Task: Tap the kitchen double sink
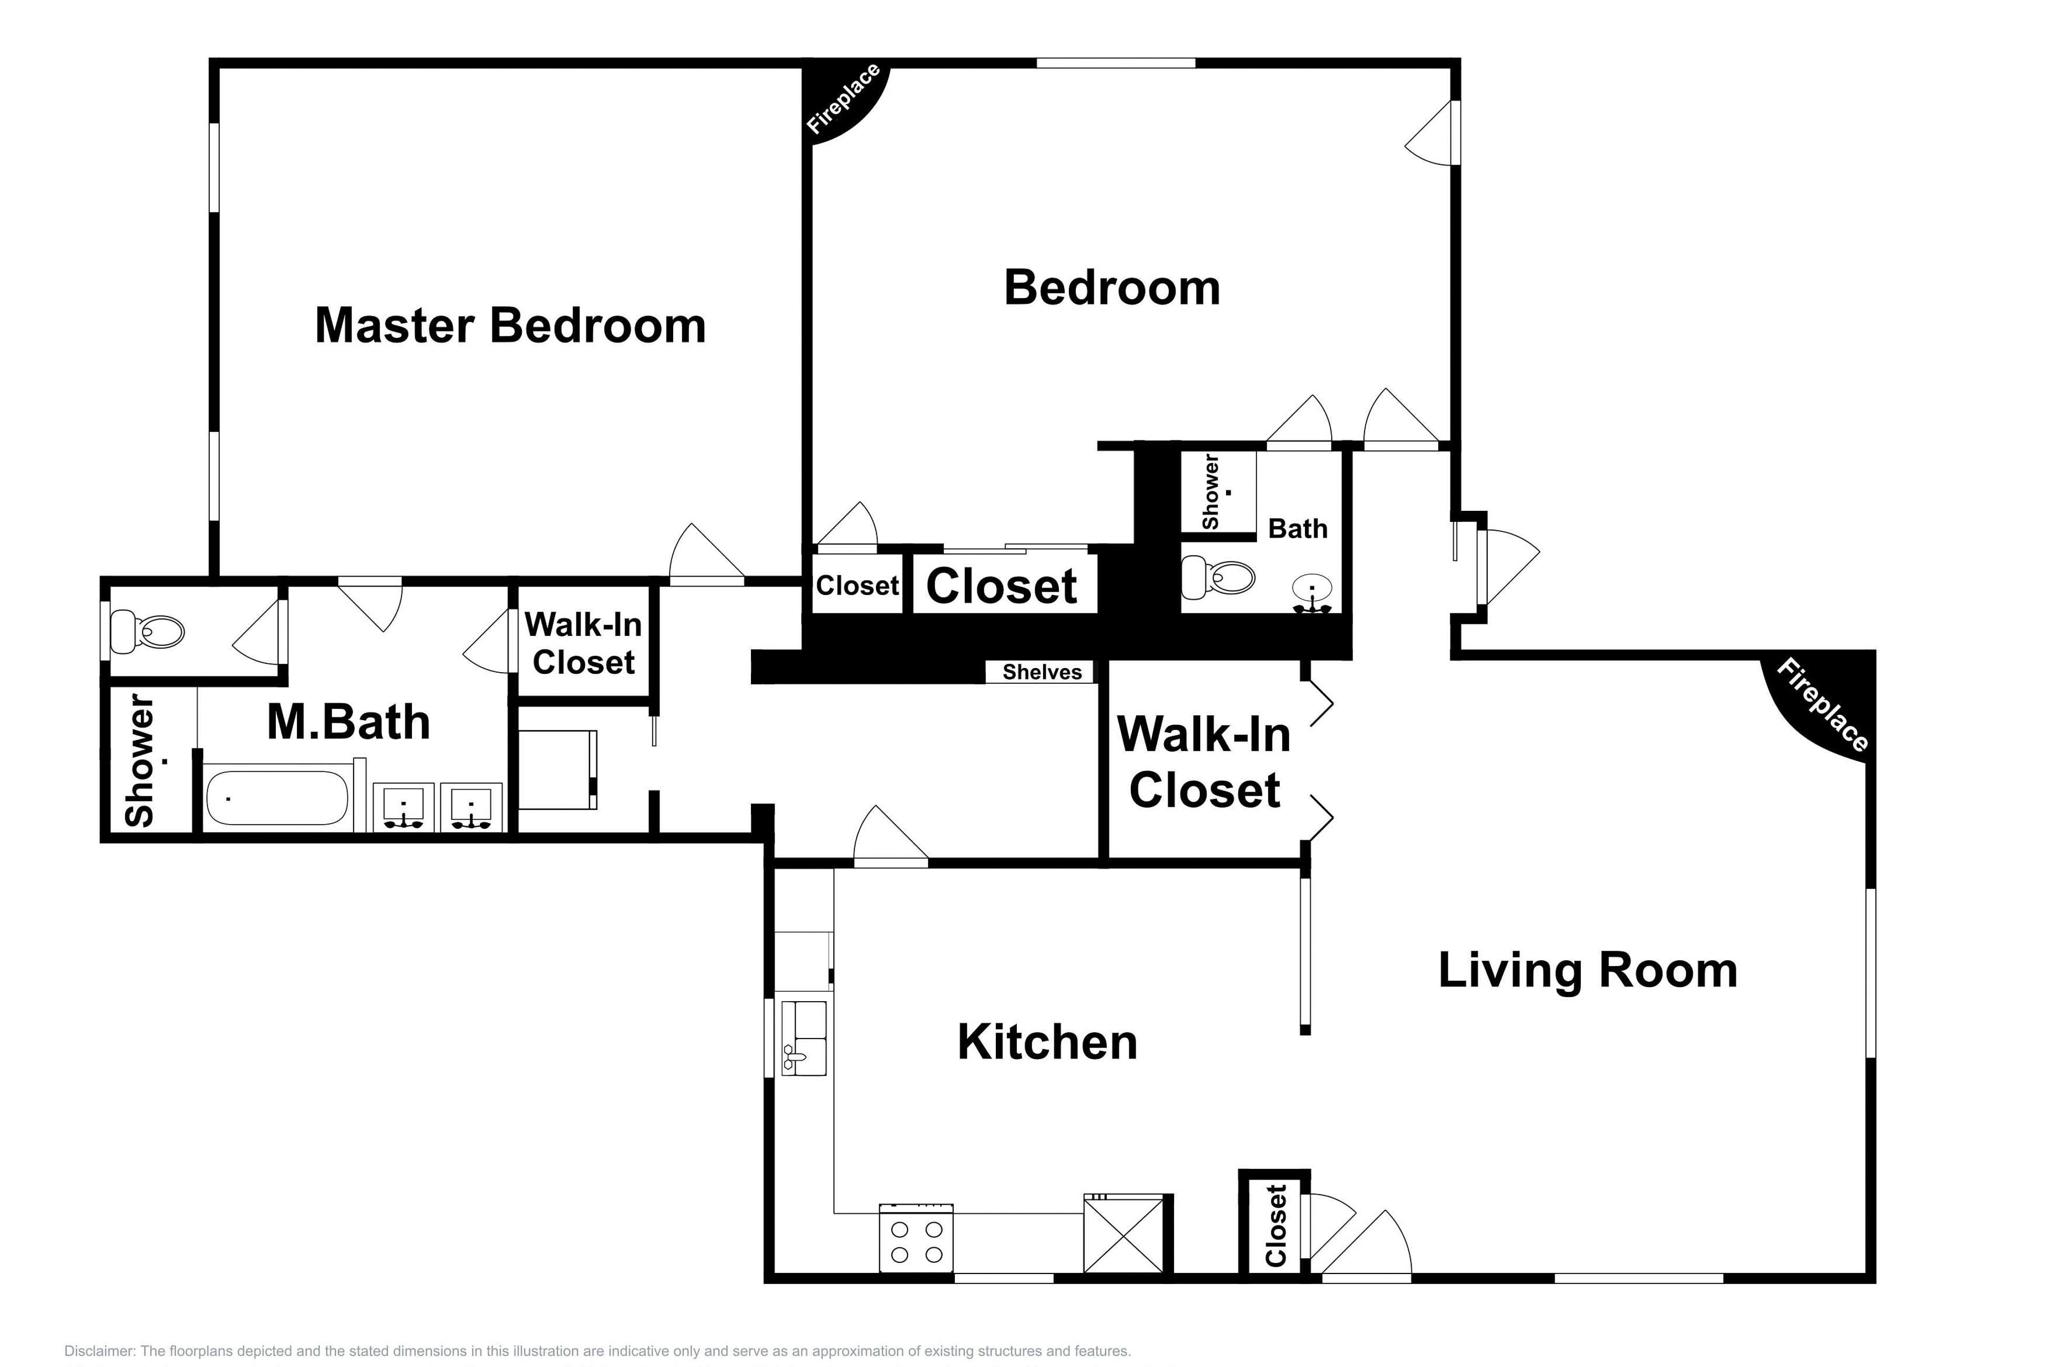pos(803,1037)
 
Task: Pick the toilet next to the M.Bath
pos(150,631)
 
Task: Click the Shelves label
pos(1042,672)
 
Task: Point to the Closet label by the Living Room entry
pos(1276,1226)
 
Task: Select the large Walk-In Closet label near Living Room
pos(1204,762)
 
